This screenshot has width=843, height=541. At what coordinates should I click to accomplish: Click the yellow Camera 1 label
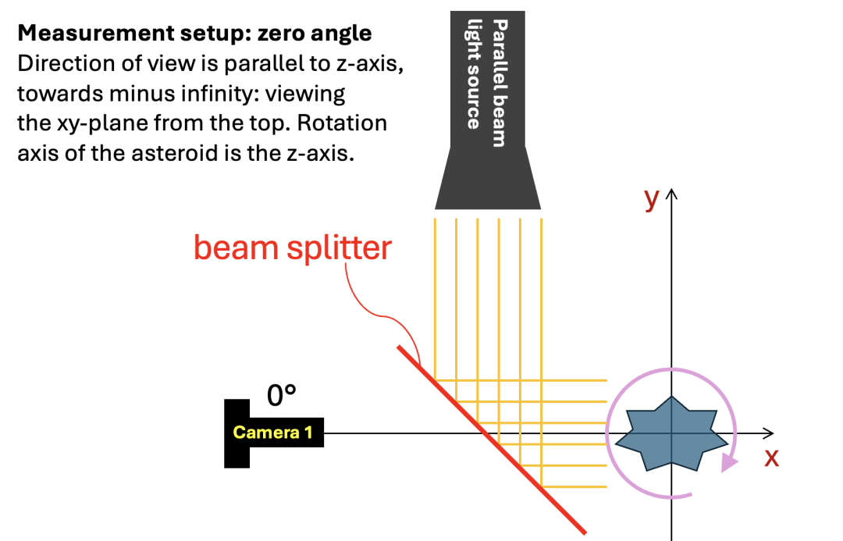coord(272,432)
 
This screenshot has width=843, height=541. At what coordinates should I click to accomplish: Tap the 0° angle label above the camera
coord(281,396)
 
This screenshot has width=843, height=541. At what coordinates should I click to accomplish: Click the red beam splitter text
coord(293,248)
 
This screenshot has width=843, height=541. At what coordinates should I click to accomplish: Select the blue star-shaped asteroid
coord(671,434)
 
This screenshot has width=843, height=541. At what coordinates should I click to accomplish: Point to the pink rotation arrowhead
coord(729,462)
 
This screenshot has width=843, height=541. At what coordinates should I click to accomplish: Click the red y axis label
coord(652,200)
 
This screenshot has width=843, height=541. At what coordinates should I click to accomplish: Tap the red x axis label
coord(771,457)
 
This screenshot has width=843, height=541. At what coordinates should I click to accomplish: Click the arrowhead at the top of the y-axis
coord(671,194)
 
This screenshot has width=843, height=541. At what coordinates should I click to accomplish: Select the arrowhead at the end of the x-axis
coord(769,433)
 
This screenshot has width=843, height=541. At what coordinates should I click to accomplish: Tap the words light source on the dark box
coord(473,74)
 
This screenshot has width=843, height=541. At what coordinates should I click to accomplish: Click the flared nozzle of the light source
coord(488,178)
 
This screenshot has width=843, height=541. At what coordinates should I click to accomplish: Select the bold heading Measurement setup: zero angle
coord(194,34)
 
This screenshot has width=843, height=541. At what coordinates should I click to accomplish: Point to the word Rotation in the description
coord(342,123)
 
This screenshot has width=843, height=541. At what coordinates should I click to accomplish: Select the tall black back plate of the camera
coord(237,433)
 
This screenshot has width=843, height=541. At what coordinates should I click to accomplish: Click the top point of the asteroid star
coord(671,397)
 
